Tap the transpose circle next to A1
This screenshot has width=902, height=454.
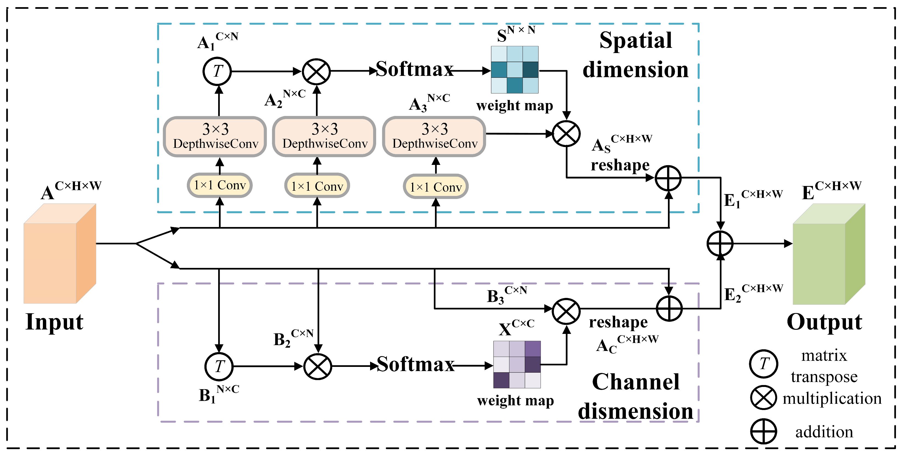click(217, 71)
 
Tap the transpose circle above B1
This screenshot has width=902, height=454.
click(219, 366)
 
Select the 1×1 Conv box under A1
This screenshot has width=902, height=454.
click(220, 185)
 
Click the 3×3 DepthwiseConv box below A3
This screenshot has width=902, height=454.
click(434, 136)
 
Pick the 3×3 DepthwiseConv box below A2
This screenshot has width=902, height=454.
click(324, 136)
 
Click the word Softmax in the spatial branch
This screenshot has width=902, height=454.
click(415, 69)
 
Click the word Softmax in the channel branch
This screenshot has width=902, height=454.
click(415, 365)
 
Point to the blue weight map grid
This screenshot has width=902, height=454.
click(514, 70)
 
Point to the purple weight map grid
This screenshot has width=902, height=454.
click(517, 364)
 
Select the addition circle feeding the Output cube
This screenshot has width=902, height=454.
click(720, 243)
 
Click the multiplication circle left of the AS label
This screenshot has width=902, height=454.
click(566, 134)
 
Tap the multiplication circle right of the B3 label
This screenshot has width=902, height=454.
click(566, 311)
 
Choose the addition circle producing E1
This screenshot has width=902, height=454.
click(668, 178)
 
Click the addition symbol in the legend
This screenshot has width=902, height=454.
click(763, 431)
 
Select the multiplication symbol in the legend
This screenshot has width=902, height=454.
click(763, 398)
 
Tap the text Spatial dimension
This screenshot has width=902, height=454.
click(635, 55)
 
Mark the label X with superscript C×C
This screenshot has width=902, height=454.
click(516, 327)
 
